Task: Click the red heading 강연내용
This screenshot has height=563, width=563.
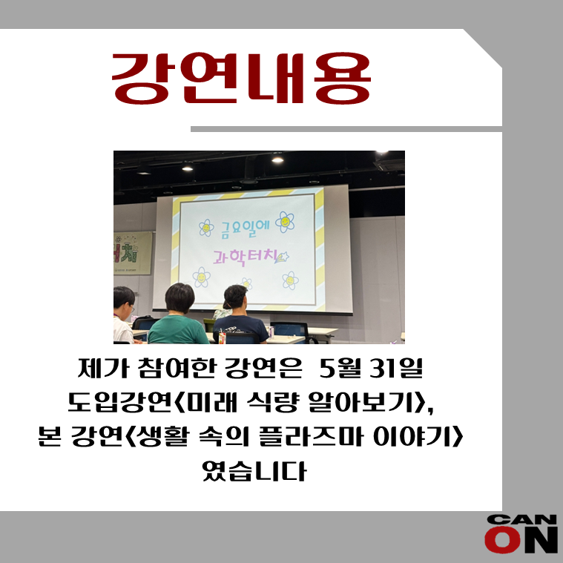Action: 241,79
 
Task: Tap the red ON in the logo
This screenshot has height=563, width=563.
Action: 521,540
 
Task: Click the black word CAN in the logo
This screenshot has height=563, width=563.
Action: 521,519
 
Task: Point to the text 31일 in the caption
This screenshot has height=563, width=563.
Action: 396,369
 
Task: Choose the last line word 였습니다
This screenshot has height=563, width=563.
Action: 254,471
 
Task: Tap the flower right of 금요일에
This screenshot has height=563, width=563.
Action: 285,222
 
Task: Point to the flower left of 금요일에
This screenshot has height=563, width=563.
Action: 206,228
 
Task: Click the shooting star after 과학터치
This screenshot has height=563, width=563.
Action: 282,257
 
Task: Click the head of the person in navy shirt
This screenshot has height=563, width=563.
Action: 236,296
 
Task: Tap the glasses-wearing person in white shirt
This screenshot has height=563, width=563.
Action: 123,315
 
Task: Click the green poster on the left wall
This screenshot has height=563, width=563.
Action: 132,253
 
